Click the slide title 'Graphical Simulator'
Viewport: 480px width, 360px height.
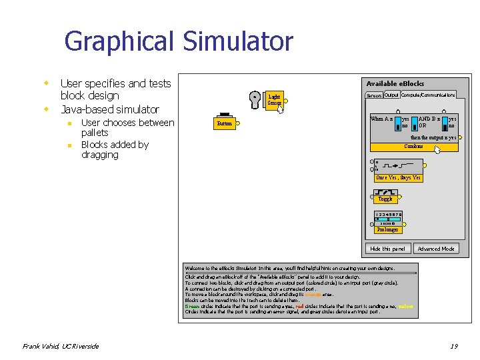coord(178,42)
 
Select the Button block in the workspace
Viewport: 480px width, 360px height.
coord(224,123)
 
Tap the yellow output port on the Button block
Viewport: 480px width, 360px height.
coord(238,123)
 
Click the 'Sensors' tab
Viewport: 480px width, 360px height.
coord(374,95)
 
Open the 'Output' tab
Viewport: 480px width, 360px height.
coord(391,95)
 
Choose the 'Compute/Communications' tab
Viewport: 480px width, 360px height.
coord(428,95)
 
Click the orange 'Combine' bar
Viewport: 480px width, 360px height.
coord(413,147)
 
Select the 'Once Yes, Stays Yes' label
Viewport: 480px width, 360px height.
coord(398,178)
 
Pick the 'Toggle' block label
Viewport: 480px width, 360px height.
coord(385,199)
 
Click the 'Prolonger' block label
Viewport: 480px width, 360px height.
coord(387,229)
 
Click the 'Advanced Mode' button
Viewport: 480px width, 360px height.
coord(435,249)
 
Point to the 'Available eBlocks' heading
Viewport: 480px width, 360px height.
coord(395,84)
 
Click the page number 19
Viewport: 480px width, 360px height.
coord(453,346)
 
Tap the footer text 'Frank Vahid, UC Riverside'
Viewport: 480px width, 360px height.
coord(61,346)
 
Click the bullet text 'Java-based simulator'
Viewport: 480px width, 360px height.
coord(109,109)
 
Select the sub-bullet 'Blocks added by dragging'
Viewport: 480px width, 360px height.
coord(115,149)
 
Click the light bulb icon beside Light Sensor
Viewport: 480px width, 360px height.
coord(255,99)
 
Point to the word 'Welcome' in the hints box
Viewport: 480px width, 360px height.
coord(196,268)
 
